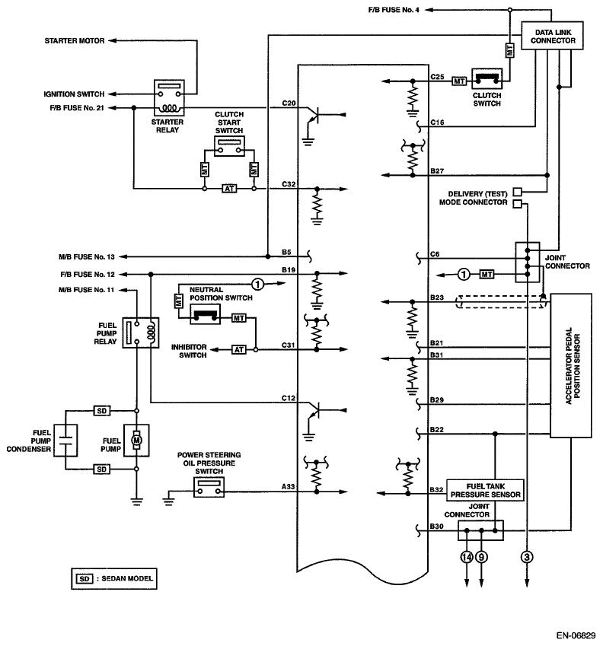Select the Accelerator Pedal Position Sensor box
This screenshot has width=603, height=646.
pyautogui.click(x=572, y=364)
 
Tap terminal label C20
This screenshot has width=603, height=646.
pyautogui.click(x=289, y=103)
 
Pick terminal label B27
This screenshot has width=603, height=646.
pyautogui.click(x=437, y=171)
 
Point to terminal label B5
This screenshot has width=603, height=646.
pyautogui.click(x=286, y=250)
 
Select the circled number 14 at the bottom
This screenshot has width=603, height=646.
pyautogui.click(x=466, y=557)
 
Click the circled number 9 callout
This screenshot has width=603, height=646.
pyautogui.click(x=481, y=557)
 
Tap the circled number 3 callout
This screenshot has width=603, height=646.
pyautogui.click(x=527, y=557)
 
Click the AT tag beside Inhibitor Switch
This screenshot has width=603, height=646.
pyautogui.click(x=238, y=350)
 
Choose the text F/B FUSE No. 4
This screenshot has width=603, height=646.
pyautogui.click(x=396, y=9)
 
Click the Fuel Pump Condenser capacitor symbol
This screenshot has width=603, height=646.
pyautogui.click(x=65, y=440)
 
